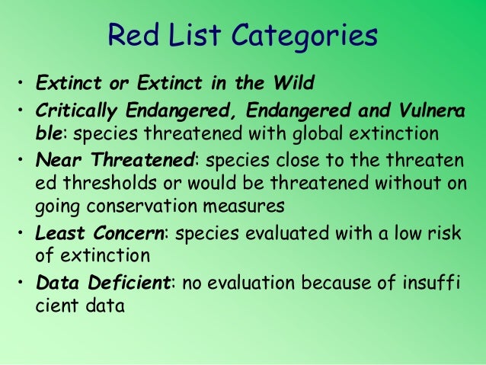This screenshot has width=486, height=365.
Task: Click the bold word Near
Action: tap(56, 162)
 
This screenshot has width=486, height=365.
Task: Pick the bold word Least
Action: tap(59, 233)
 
